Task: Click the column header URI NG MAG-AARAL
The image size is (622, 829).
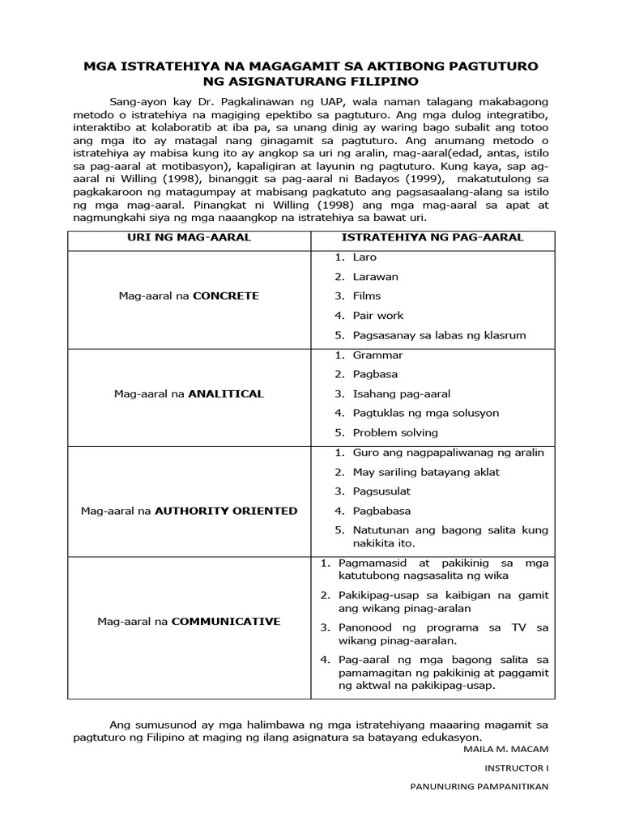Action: pos(186,237)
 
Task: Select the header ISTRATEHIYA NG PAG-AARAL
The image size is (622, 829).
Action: pos(432,237)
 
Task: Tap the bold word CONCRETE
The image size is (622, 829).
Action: pos(226,296)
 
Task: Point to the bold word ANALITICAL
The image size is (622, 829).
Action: pos(226,394)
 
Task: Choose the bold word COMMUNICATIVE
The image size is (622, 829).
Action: pos(226,622)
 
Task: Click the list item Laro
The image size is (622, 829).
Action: pos(364,257)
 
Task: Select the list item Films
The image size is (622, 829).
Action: pos(366,296)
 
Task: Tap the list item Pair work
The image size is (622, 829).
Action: pos(377,316)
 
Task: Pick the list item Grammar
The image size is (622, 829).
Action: pos(377,355)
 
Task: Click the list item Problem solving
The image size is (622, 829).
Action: pos(395,433)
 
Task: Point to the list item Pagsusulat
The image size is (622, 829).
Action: pos(381,491)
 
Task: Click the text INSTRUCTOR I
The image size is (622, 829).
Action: pos(517,767)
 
